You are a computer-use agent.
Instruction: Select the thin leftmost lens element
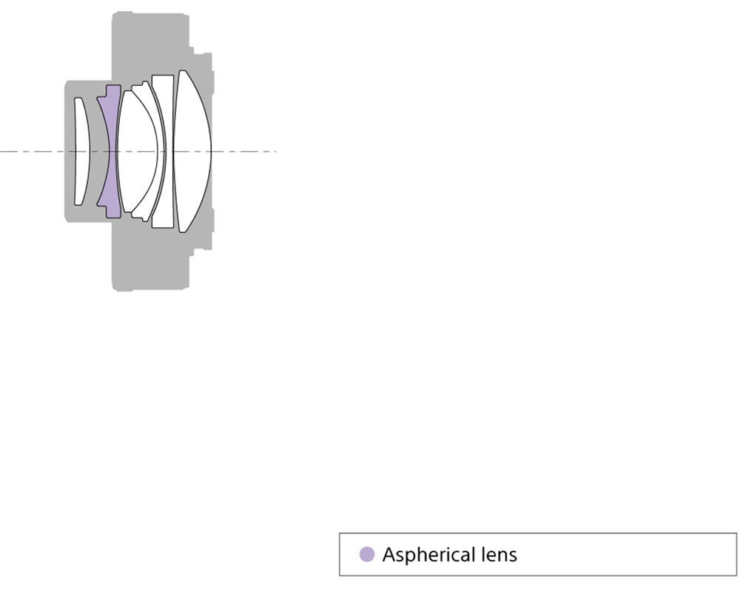point(82,151)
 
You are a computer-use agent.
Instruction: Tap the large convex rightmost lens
point(192,151)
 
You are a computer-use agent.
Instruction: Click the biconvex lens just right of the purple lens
point(136,151)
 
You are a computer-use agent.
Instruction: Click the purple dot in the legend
point(367,554)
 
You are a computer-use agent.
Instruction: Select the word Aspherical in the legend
point(428,555)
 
